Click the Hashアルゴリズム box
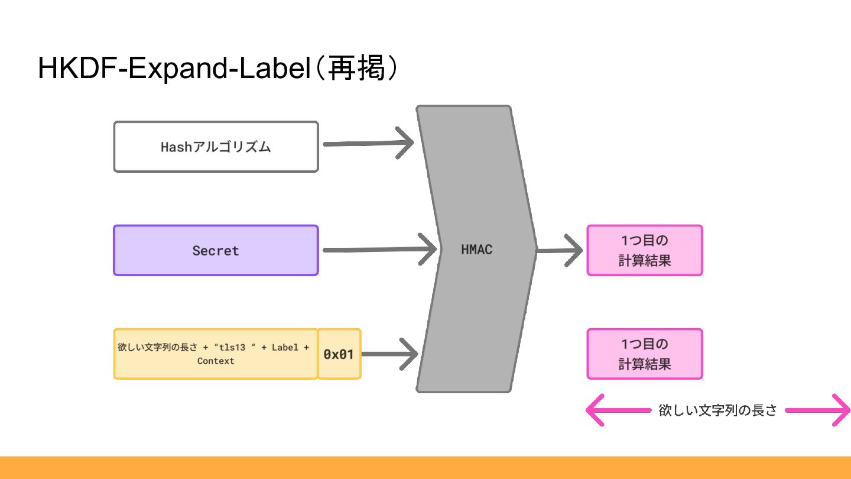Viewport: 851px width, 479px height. tap(216, 147)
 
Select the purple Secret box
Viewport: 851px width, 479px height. tap(216, 250)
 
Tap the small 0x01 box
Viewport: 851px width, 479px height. tap(339, 354)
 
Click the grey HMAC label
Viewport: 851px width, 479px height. tap(476, 250)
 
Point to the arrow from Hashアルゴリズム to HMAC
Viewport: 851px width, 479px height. tap(368, 143)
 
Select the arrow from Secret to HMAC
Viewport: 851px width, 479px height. tap(379, 250)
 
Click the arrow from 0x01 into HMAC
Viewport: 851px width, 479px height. tap(390, 354)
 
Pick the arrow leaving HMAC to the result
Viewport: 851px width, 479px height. tap(559, 250)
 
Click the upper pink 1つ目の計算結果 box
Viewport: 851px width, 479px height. tap(645, 250)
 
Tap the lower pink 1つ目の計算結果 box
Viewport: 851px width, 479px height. tap(645, 354)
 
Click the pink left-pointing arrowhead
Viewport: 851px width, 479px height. tap(595, 410)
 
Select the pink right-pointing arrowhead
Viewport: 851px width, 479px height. tap(841, 410)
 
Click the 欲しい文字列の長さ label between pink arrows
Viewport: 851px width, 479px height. tap(717, 410)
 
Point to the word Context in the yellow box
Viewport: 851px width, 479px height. tap(216, 361)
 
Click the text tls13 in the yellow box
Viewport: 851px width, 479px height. tap(232, 348)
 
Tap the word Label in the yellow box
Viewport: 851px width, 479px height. tap(285, 348)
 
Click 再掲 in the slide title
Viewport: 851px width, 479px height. tap(356, 67)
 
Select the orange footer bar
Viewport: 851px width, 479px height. tap(425, 468)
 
